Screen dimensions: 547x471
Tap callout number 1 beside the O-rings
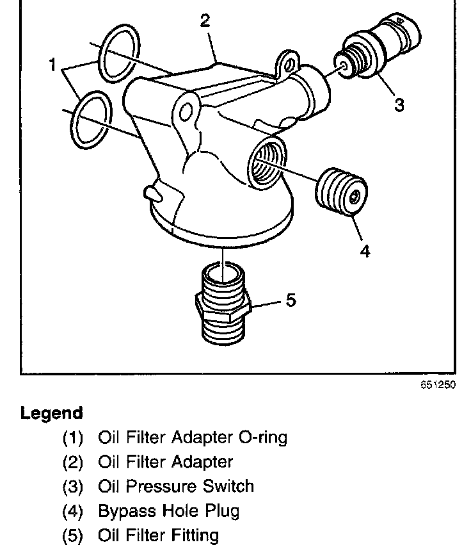click(53, 65)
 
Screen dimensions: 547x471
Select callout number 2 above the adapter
click(205, 21)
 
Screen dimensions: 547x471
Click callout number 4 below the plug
click(365, 250)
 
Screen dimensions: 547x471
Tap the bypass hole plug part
click(342, 193)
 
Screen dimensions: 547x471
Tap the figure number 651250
click(438, 387)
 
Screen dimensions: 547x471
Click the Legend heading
click(52, 412)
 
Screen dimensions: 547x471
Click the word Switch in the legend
click(227, 486)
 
